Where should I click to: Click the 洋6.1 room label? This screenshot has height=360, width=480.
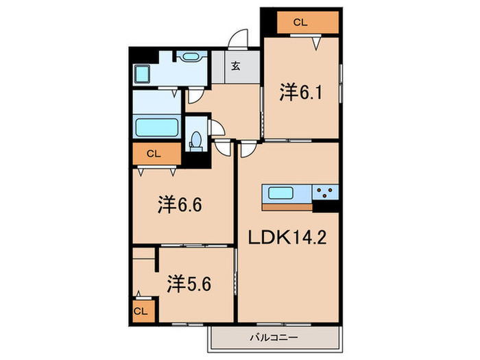(x=300, y=92)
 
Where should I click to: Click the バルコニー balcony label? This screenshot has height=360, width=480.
(x=274, y=337)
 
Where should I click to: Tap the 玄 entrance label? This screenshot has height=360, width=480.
(x=235, y=66)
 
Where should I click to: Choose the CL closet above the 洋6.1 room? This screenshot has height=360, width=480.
(x=300, y=23)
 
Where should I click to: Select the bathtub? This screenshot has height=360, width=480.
(x=157, y=127)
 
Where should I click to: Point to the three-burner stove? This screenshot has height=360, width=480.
(x=326, y=192)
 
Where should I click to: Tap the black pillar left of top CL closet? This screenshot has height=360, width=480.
(x=268, y=21)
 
